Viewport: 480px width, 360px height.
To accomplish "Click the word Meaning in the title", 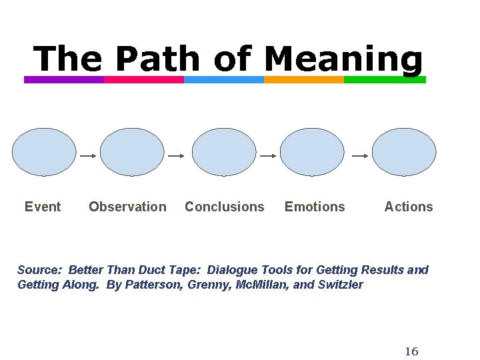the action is [343, 60].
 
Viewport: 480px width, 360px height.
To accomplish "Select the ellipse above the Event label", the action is [45, 152].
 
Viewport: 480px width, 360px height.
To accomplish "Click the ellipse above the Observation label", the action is [132, 152].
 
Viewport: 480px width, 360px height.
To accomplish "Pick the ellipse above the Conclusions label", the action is [224, 152].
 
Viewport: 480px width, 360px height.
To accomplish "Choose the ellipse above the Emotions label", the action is [312, 152].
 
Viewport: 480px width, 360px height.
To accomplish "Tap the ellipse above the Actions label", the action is [404, 152].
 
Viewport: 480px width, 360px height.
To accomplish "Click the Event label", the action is [43, 207].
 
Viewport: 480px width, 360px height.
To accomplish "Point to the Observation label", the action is [127, 207].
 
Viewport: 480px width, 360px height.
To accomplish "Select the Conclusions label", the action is [224, 207].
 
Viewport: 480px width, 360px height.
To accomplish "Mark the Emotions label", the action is [315, 207].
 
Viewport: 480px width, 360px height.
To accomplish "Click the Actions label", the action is [409, 207].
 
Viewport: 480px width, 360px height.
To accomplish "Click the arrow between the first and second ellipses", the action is [88, 155].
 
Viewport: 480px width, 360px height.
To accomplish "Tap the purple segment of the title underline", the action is [64, 79].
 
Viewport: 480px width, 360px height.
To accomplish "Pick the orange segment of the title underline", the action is [304, 79].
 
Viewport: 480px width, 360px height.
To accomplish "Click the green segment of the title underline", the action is [385, 79].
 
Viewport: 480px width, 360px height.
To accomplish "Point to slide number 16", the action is [411, 351].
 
